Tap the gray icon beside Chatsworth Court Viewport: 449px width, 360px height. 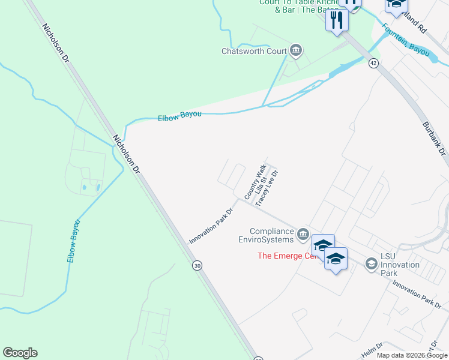point(295,50)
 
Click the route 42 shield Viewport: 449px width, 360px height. point(373,63)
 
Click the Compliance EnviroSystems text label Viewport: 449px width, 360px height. point(271,235)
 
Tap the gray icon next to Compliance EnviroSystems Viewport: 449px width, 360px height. point(303,233)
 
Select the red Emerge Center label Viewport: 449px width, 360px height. point(286,256)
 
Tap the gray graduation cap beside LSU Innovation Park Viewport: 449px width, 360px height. point(372,263)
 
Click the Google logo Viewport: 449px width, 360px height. point(20,353)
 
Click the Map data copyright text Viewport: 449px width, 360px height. point(412,355)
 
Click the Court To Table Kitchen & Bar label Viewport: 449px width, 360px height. point(292,6)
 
